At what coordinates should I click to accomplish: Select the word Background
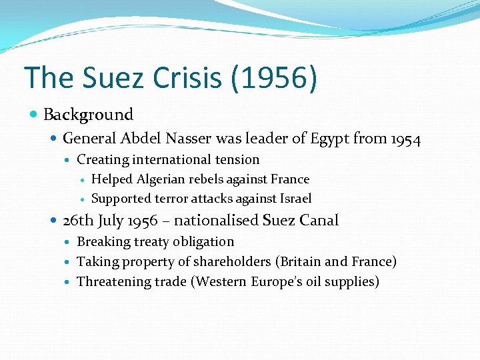(88, 115)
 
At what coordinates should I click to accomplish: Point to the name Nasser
(215, 139)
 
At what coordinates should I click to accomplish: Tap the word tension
(234, 159)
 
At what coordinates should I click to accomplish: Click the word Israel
(294, 199)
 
